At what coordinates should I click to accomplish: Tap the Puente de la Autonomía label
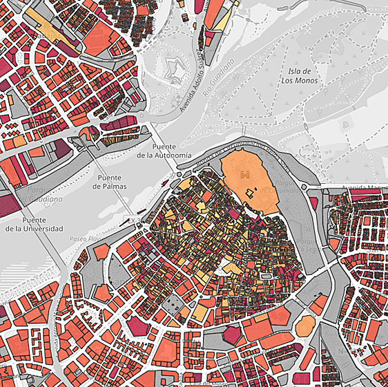[164, 151]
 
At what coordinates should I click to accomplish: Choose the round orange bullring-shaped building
[307, 325]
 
